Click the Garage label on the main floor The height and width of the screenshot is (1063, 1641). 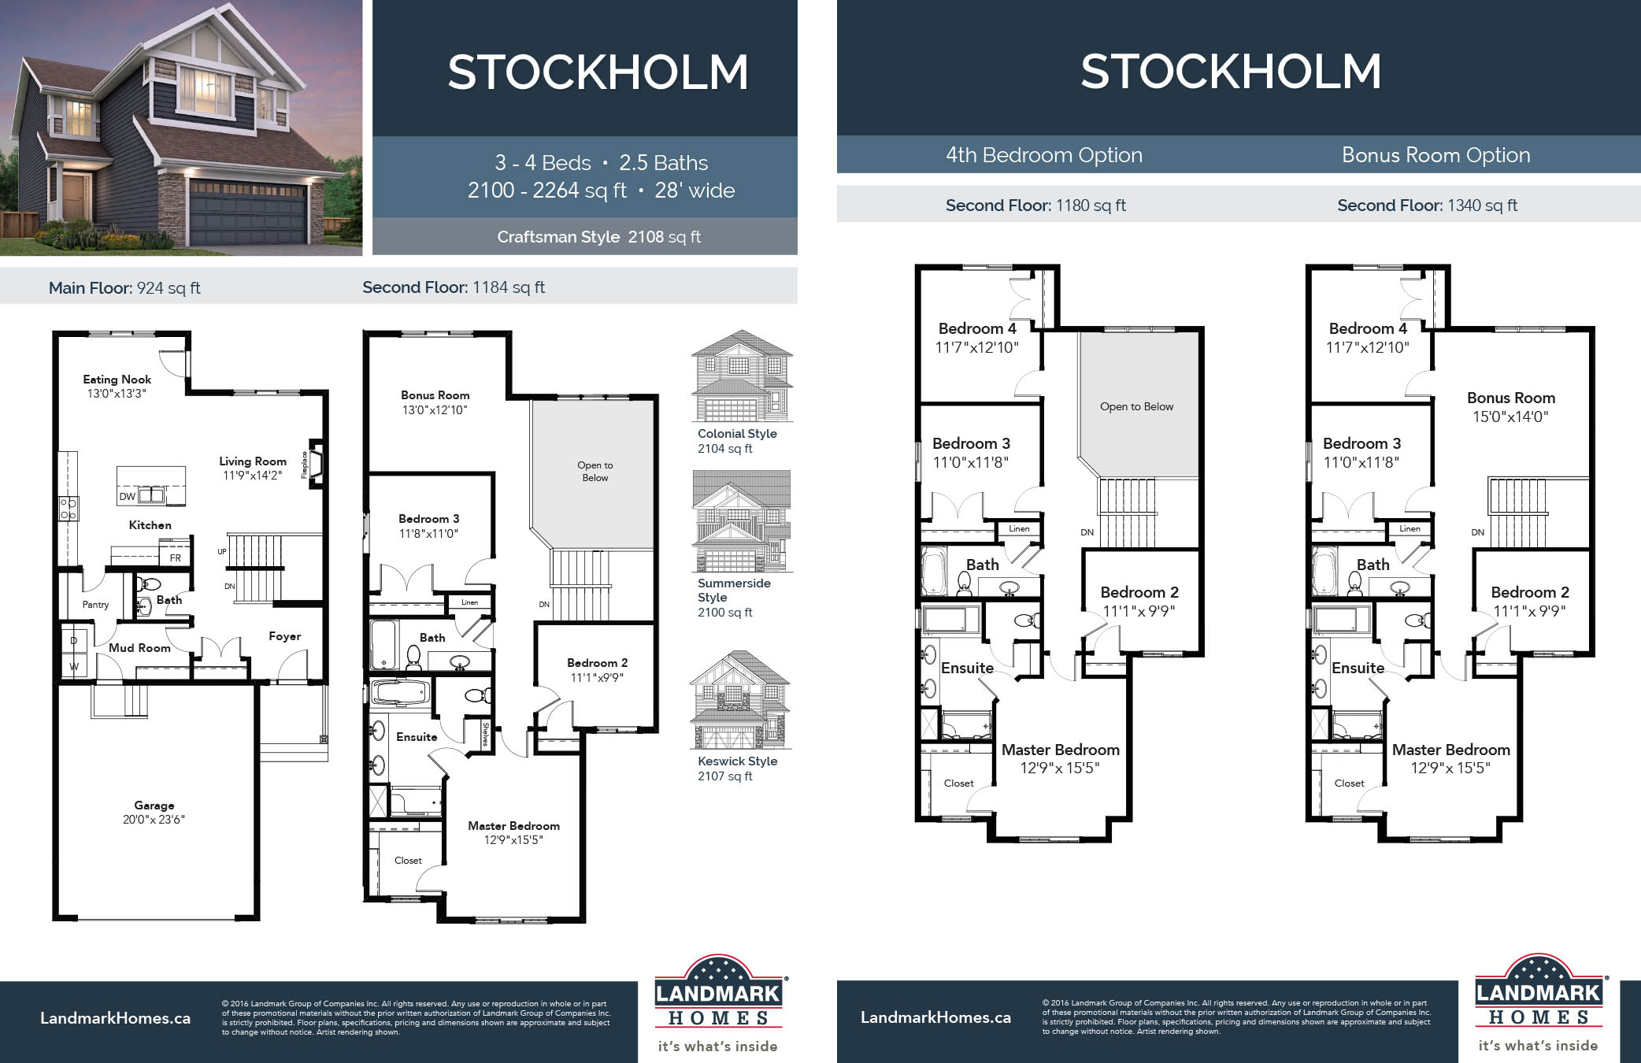[x=154, y=812]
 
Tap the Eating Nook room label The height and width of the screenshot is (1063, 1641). [x=117, y=386]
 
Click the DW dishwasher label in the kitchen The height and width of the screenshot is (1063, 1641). [x=127, y=497]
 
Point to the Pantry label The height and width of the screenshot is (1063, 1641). [x=95, y=605]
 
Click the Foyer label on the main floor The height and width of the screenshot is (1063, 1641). [x=284, y=636]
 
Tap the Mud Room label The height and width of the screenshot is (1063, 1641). [x=139, y=648]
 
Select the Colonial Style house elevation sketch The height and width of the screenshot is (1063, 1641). [x=741, y=377]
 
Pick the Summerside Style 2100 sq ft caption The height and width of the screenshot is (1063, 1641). [x=733, y=598]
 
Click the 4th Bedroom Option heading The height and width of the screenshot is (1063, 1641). [x=1043, y=155]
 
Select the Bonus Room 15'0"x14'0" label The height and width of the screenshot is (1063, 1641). [x=1510, y=407]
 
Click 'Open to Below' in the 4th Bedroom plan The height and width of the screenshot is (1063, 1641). [x=1136, y=406]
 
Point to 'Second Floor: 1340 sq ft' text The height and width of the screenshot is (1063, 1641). [x=1427, y=206]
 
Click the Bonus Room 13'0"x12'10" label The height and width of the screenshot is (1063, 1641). [x=435, y=402]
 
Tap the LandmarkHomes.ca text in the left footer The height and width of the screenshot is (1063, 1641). [x=115, y=1018]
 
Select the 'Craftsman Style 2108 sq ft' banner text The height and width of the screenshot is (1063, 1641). [x=598, y=237]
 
